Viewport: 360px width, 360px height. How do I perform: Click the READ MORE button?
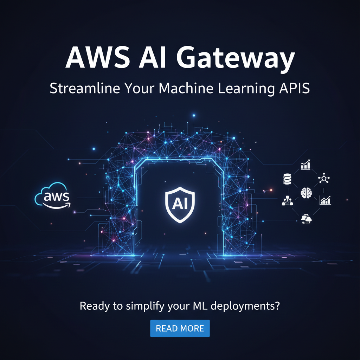[x=180, y=328]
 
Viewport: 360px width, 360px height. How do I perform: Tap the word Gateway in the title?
[x=236, y=59]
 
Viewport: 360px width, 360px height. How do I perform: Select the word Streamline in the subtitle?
[x=85, y=88]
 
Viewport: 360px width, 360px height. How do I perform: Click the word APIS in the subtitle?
[x=295, y=88]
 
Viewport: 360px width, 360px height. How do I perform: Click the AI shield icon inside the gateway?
[x=180, y=205]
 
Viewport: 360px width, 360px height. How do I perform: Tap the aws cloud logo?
[x=53, y=195]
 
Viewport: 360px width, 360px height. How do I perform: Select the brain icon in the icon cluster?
[x=306, y=192]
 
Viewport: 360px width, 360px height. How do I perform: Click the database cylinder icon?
[x=287, y=179]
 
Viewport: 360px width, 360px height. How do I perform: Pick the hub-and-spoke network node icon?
[x=324, y=178]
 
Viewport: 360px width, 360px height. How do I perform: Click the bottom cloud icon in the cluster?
[x=306, y=219]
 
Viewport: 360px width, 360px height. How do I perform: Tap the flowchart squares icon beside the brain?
[x=287, y=200]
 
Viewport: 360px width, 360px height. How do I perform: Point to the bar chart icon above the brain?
[x=306, y=165]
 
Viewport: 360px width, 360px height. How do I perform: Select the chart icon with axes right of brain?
[x=325, y=200]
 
